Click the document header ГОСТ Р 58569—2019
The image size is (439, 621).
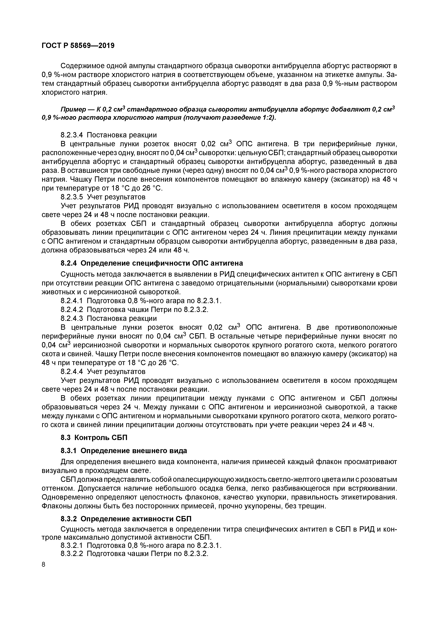click(x=78, y=46)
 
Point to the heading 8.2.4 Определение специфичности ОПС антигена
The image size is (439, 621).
click(x=151, y=263)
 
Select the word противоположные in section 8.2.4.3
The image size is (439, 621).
click(x=366, y=328)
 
